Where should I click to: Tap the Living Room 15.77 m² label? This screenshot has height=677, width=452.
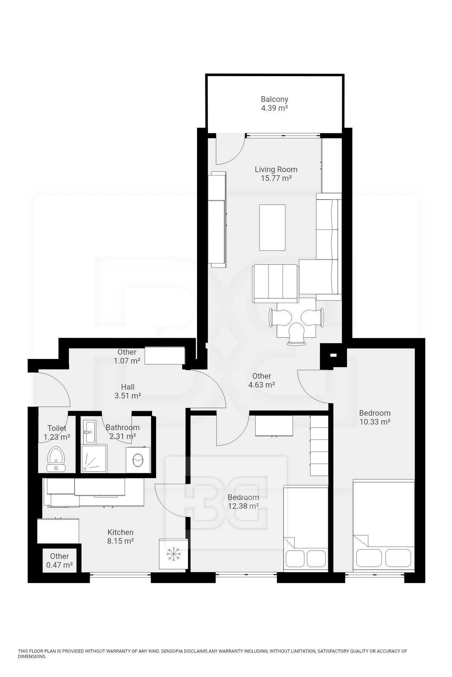276,174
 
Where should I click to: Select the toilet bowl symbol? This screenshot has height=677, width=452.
56,459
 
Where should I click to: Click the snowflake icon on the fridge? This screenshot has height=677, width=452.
173,554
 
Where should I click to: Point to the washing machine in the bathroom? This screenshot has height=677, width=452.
138,459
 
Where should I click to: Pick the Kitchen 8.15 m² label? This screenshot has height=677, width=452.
120,536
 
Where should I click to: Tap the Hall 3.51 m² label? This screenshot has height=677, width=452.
128,391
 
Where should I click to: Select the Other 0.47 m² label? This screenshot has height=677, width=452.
59,560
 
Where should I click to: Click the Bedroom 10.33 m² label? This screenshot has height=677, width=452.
375,417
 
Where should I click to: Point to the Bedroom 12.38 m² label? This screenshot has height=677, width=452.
243,502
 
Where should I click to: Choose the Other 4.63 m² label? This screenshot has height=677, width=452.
262,380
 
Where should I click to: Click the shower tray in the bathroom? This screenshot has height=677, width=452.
94,458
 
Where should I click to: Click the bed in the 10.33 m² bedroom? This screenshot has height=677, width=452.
383,525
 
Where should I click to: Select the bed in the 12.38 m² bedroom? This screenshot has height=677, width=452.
306,528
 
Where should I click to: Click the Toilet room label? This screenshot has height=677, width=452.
56,428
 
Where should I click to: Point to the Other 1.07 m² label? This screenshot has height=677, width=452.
127,356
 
